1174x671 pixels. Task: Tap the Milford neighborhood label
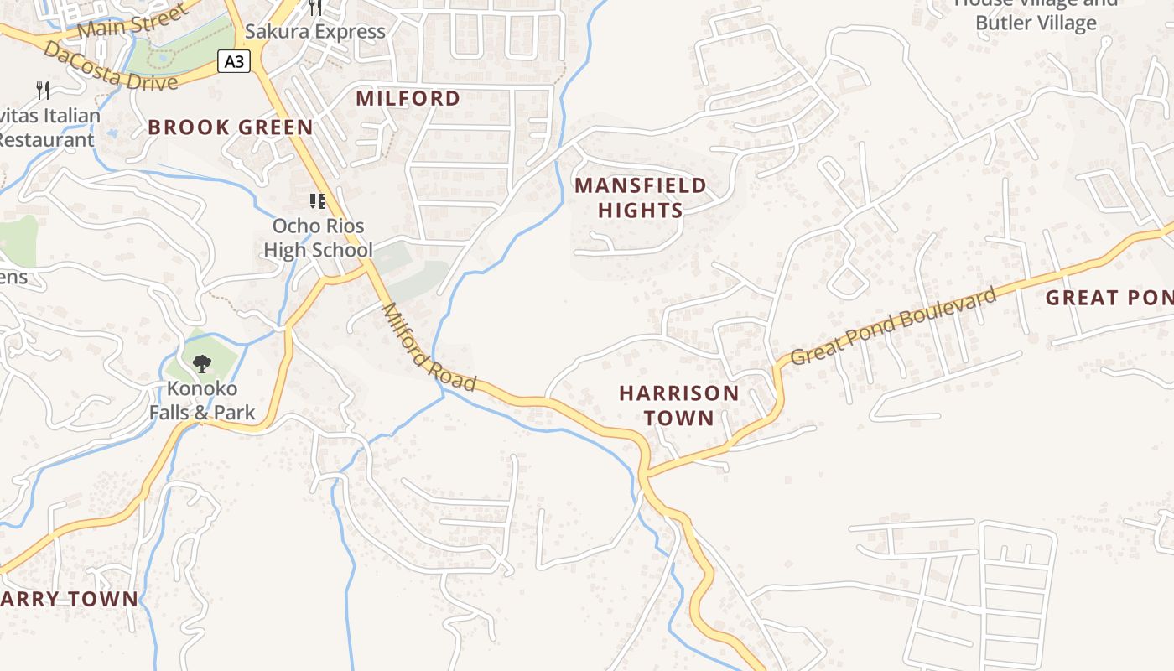coord(408,98)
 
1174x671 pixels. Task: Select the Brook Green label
coord(231,127)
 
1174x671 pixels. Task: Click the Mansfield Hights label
coord(641,198)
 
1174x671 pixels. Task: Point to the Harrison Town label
coord(679,405)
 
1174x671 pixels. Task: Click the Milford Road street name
coord(429,347)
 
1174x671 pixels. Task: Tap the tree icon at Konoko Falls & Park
coord(201,363)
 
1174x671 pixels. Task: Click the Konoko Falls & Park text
coord(202,401)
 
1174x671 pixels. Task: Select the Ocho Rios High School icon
coord(318,200)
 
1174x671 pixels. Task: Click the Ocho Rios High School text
coord(318,238)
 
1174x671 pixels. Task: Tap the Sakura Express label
coord(315,32)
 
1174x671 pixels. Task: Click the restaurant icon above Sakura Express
coord(315,8)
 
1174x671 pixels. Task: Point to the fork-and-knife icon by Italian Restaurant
coord(43,90)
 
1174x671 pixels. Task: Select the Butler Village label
coord(1036,23)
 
